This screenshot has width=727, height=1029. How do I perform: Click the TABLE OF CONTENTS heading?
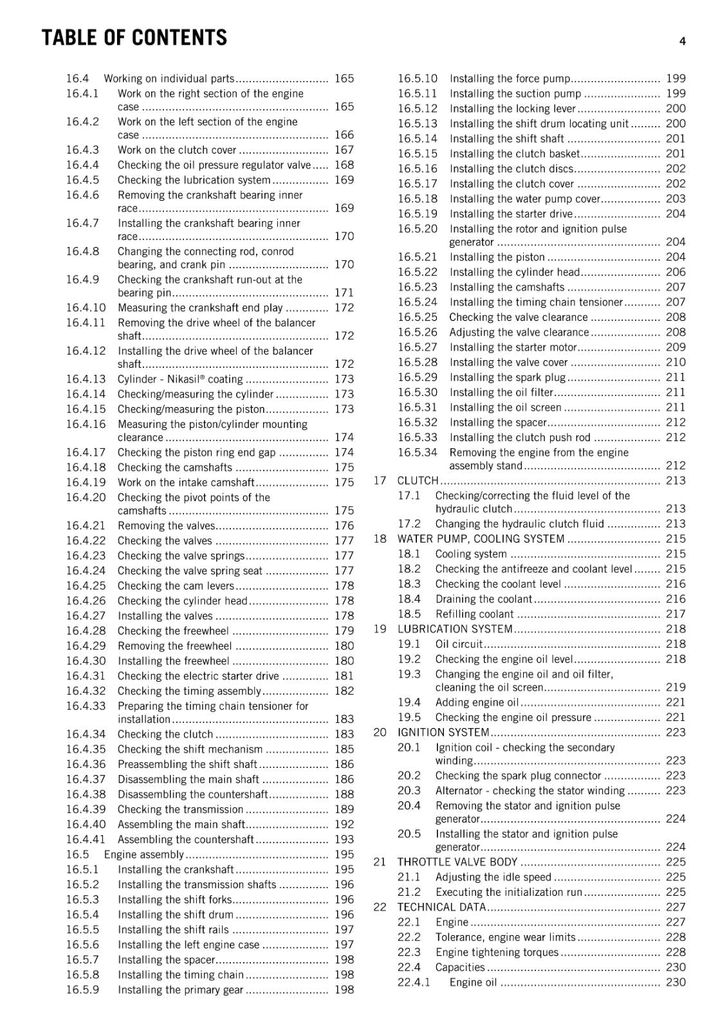pyautogui.click(x=134, y=38)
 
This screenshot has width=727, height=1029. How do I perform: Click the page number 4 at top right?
pyautogui.click(x=682, y=41)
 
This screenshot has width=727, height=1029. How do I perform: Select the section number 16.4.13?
pyautogui.click(x=86, y=379)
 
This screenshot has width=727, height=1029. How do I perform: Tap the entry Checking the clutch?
pyautogui.click(x=165, y=734)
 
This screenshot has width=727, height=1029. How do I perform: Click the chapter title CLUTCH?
pyautogui.click(x=418, y=480)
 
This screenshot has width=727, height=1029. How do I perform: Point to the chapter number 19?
pyautogui.click(x=380, y=629)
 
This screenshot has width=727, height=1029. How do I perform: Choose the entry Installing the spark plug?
pyautogui.click(x=508, y=378)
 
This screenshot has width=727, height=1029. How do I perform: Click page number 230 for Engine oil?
pyautogui.click(x=676, y=982)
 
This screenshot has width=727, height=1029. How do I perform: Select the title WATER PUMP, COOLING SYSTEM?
pyautogui.click(x=481, y=539)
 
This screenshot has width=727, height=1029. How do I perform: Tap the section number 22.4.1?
pyautogui.click(x=414, y=982)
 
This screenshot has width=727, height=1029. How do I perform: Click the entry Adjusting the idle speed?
pyautogui.click(x=493, y=877)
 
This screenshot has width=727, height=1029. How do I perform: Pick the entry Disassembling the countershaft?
pyautogui.click(x=192, y=794)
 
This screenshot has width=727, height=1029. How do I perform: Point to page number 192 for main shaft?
pyautogui.click(x=344, y=824)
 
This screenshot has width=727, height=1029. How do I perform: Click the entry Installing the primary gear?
pyautogui.click(x=180, y=990)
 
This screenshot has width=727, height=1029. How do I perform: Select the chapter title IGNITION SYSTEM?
pyautogui.click(x=443, y=733)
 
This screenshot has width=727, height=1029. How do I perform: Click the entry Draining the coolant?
pyautogui.click(x=483, y=599)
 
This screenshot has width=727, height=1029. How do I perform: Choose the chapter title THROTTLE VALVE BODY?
pyautogui.click(x=457, y=862)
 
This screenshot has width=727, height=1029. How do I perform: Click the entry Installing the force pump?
pyautogui.click(x=510, y=78)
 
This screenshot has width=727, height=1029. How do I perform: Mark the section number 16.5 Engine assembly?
pyautogui.click(x=77, y=855)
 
